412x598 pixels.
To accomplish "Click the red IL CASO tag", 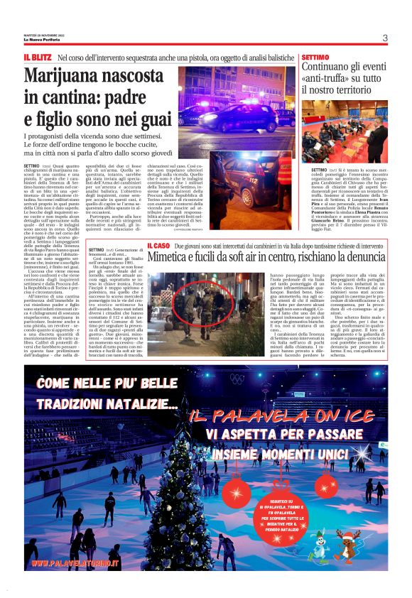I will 158,245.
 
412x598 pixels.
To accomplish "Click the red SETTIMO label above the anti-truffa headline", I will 315,56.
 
